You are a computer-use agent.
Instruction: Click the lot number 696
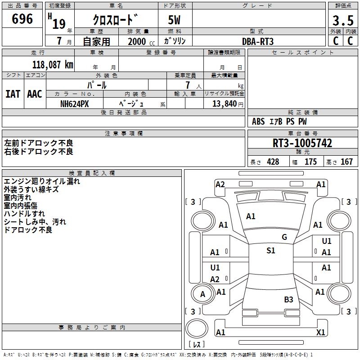[22, 19]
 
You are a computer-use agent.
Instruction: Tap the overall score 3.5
[343, 20]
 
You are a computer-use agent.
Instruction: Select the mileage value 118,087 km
[53, 65]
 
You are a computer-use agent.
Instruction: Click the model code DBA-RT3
[258, 41]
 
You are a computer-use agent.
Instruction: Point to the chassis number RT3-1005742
[302, 143]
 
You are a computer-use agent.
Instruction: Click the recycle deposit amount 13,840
[225, 104]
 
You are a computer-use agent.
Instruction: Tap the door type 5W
[174, 20]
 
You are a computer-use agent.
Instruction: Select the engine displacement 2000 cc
[141, 41]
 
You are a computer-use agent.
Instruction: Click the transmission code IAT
[13, 94]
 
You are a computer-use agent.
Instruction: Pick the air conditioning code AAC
[35, 94]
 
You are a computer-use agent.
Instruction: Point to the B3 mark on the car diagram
[288, 299]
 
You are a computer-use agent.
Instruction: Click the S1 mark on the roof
[271, 250]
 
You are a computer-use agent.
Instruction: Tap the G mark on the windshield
[284, 237]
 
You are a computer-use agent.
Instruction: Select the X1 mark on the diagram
[320, 332]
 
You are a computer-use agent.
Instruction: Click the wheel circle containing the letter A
[202, 294]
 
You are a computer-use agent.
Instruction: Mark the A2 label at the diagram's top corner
[220, 184]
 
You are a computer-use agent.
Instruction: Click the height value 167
[346, 162]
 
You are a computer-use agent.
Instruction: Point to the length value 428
[273, 162]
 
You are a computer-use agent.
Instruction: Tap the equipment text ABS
[258, 121]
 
